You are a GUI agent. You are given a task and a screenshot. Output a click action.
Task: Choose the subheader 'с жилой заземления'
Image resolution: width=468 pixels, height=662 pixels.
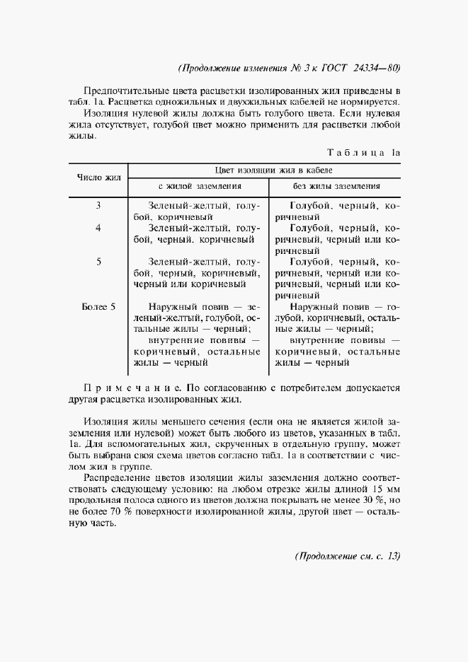click(200, 186)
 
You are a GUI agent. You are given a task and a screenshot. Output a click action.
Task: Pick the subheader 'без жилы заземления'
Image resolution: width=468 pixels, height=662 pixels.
click(336, 186)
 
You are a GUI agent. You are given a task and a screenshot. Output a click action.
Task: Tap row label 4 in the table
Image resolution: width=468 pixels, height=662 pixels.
click(98, 228)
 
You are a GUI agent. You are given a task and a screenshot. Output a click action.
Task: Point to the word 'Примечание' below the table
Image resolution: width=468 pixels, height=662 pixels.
click(132, 388)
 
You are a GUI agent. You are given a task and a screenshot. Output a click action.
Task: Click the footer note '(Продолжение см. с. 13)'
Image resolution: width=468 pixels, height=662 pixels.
click(347, 557)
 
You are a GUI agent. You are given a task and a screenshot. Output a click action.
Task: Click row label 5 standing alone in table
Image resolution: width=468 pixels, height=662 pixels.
click(98, 262)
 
